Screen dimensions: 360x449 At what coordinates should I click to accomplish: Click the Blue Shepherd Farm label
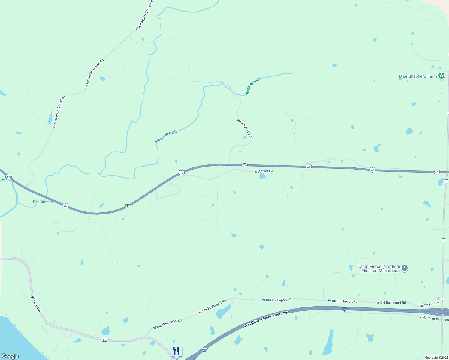[x=418, y=76]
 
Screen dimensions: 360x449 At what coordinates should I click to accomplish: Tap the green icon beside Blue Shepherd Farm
[x=441, y=76]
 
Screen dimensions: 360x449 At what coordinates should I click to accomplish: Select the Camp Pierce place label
[x=379, y=268]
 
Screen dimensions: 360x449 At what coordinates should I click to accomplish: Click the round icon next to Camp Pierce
[x=405, y=268]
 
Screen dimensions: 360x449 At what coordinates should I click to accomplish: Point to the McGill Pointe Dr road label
[x=244, y=128]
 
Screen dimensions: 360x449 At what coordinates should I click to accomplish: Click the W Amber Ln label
[x=264, y=171]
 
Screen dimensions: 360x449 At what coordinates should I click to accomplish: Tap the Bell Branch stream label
[x=43, y=202]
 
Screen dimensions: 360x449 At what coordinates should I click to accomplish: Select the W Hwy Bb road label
[x=36, y=304]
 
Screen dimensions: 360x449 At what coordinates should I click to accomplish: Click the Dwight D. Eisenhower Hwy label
[x=267, y=319]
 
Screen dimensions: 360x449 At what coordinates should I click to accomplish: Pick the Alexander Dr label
[x=430, y=318]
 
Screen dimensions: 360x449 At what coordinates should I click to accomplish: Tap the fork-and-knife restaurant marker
[x=176, y=351]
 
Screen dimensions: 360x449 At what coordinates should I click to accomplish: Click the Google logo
[x=10, y=356]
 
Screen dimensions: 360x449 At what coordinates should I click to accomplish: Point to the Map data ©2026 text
[x=436, y=358]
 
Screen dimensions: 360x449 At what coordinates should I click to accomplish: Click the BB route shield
[x=104, y=340]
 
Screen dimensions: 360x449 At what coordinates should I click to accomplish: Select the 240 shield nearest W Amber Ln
[x=244, y=165]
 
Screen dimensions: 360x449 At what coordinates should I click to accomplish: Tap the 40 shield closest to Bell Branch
[x=65, y=206]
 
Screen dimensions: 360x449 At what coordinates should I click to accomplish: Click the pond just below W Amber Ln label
[x=262, y=176]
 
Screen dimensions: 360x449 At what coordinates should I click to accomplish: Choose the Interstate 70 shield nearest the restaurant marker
[x=204, y=350]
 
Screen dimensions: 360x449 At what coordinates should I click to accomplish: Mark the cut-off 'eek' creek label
[x=2, y=181]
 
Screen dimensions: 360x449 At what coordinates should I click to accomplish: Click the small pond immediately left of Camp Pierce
[x=351, y=267]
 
